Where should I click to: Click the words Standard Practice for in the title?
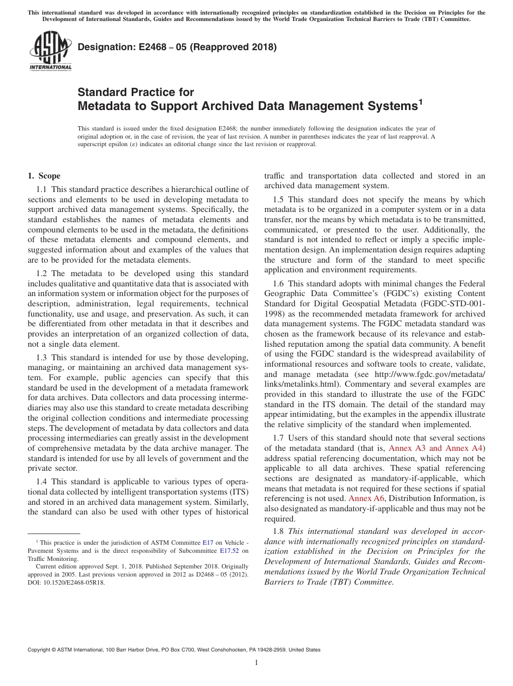click(136, 92)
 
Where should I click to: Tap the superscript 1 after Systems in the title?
click(420, 101)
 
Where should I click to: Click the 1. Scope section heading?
click(44, 176)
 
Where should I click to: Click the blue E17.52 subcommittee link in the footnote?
click(230, 551)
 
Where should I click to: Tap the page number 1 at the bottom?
click(256, 662)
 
